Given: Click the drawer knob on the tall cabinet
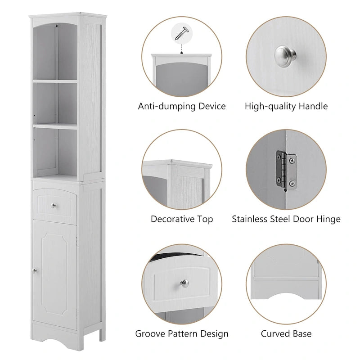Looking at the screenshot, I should click(54, 206).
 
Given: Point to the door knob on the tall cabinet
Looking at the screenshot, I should click(34, 270).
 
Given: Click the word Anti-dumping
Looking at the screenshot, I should click(165, 107).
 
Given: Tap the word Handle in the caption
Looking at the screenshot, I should click(313, 107).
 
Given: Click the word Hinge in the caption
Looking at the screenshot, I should click(329, 219).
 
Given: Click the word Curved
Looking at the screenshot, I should click(275, 334).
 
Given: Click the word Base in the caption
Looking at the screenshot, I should click(301, 334).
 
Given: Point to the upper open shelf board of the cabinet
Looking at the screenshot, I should click(55, 81).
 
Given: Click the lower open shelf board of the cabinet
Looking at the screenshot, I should click(55, 126).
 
